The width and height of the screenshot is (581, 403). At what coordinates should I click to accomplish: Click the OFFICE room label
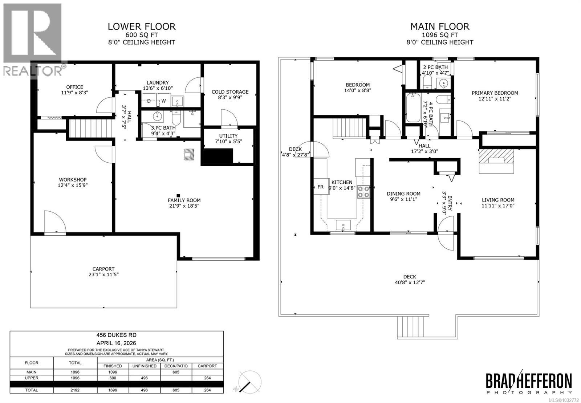coord(74,87)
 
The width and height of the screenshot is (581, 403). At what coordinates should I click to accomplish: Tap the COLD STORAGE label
coord(230,92)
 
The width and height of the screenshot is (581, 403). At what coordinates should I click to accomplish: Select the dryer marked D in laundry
coord(149,101)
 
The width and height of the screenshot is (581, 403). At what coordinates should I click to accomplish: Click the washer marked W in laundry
coord(163,101)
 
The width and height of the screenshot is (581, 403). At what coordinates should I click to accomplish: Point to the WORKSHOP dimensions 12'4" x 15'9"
coord(73,185)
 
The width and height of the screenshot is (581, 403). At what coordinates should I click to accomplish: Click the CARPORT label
coord(103,269)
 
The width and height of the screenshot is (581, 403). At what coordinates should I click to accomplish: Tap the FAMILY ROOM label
coord(184,200)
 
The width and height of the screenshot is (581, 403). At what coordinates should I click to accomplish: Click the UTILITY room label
coord(228,136)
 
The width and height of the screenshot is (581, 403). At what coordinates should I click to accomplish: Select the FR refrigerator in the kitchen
coord(320,187)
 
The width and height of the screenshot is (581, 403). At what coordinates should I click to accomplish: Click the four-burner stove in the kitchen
coord(363,192)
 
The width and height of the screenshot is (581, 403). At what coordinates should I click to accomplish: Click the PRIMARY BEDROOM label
coord(495,93)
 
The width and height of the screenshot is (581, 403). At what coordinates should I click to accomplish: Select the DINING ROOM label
coord(403,194)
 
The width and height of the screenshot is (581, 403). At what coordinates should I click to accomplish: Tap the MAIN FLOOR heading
coord(439,27)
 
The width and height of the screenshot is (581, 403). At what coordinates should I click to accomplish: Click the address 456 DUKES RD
coord(117,335)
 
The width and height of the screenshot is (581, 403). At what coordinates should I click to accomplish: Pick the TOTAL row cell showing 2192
coord(76,390)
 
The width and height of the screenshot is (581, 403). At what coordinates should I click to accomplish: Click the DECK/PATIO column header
coord(176,366)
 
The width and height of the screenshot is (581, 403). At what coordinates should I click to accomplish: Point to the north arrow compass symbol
coord(248,383)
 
